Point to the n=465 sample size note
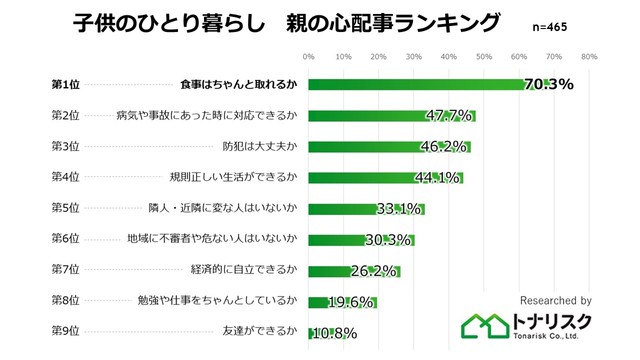(538, 26)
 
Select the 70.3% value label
(548, 84)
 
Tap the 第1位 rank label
(67, 84)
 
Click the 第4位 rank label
(67, 178)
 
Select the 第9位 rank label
(67, 333)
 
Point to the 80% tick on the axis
(589, 56)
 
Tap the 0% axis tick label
(308, 56)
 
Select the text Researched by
(556, 300)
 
